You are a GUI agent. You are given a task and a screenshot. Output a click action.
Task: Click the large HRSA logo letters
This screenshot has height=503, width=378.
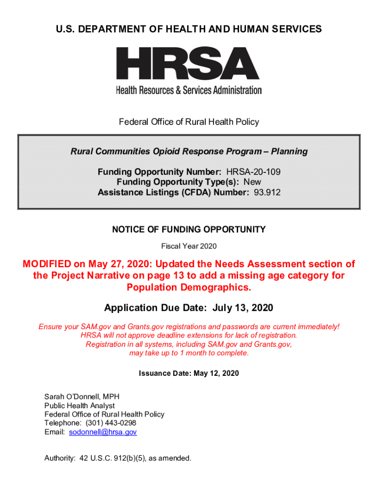(188, 64)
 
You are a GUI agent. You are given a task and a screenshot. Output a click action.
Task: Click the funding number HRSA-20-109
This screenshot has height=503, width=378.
(253, 172)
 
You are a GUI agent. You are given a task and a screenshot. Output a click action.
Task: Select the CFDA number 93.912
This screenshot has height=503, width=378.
(267, 193)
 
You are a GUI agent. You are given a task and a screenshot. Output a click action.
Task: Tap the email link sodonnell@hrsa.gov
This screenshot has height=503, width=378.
(103, 432)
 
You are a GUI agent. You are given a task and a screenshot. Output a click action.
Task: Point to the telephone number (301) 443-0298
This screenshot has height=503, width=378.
(111, 423)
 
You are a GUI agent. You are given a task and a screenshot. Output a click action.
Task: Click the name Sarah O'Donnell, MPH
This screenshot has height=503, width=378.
(82, 396)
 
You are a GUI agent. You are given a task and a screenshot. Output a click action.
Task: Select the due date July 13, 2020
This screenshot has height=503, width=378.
(243, 308)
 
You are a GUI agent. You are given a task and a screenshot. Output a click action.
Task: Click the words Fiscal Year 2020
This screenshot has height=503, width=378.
(189, 246)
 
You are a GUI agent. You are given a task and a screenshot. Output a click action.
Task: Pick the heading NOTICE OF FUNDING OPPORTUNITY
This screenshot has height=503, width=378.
(189, 229)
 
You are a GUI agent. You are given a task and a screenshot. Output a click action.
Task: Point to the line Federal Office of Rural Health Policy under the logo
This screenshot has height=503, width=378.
(189, 122)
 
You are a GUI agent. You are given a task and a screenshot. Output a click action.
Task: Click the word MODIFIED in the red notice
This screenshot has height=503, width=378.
(47, 264)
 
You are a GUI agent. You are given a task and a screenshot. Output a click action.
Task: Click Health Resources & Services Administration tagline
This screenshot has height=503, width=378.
(189, 90)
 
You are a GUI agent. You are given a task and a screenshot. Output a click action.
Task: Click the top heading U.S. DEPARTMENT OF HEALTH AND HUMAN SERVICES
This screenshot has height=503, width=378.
(189, 29)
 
